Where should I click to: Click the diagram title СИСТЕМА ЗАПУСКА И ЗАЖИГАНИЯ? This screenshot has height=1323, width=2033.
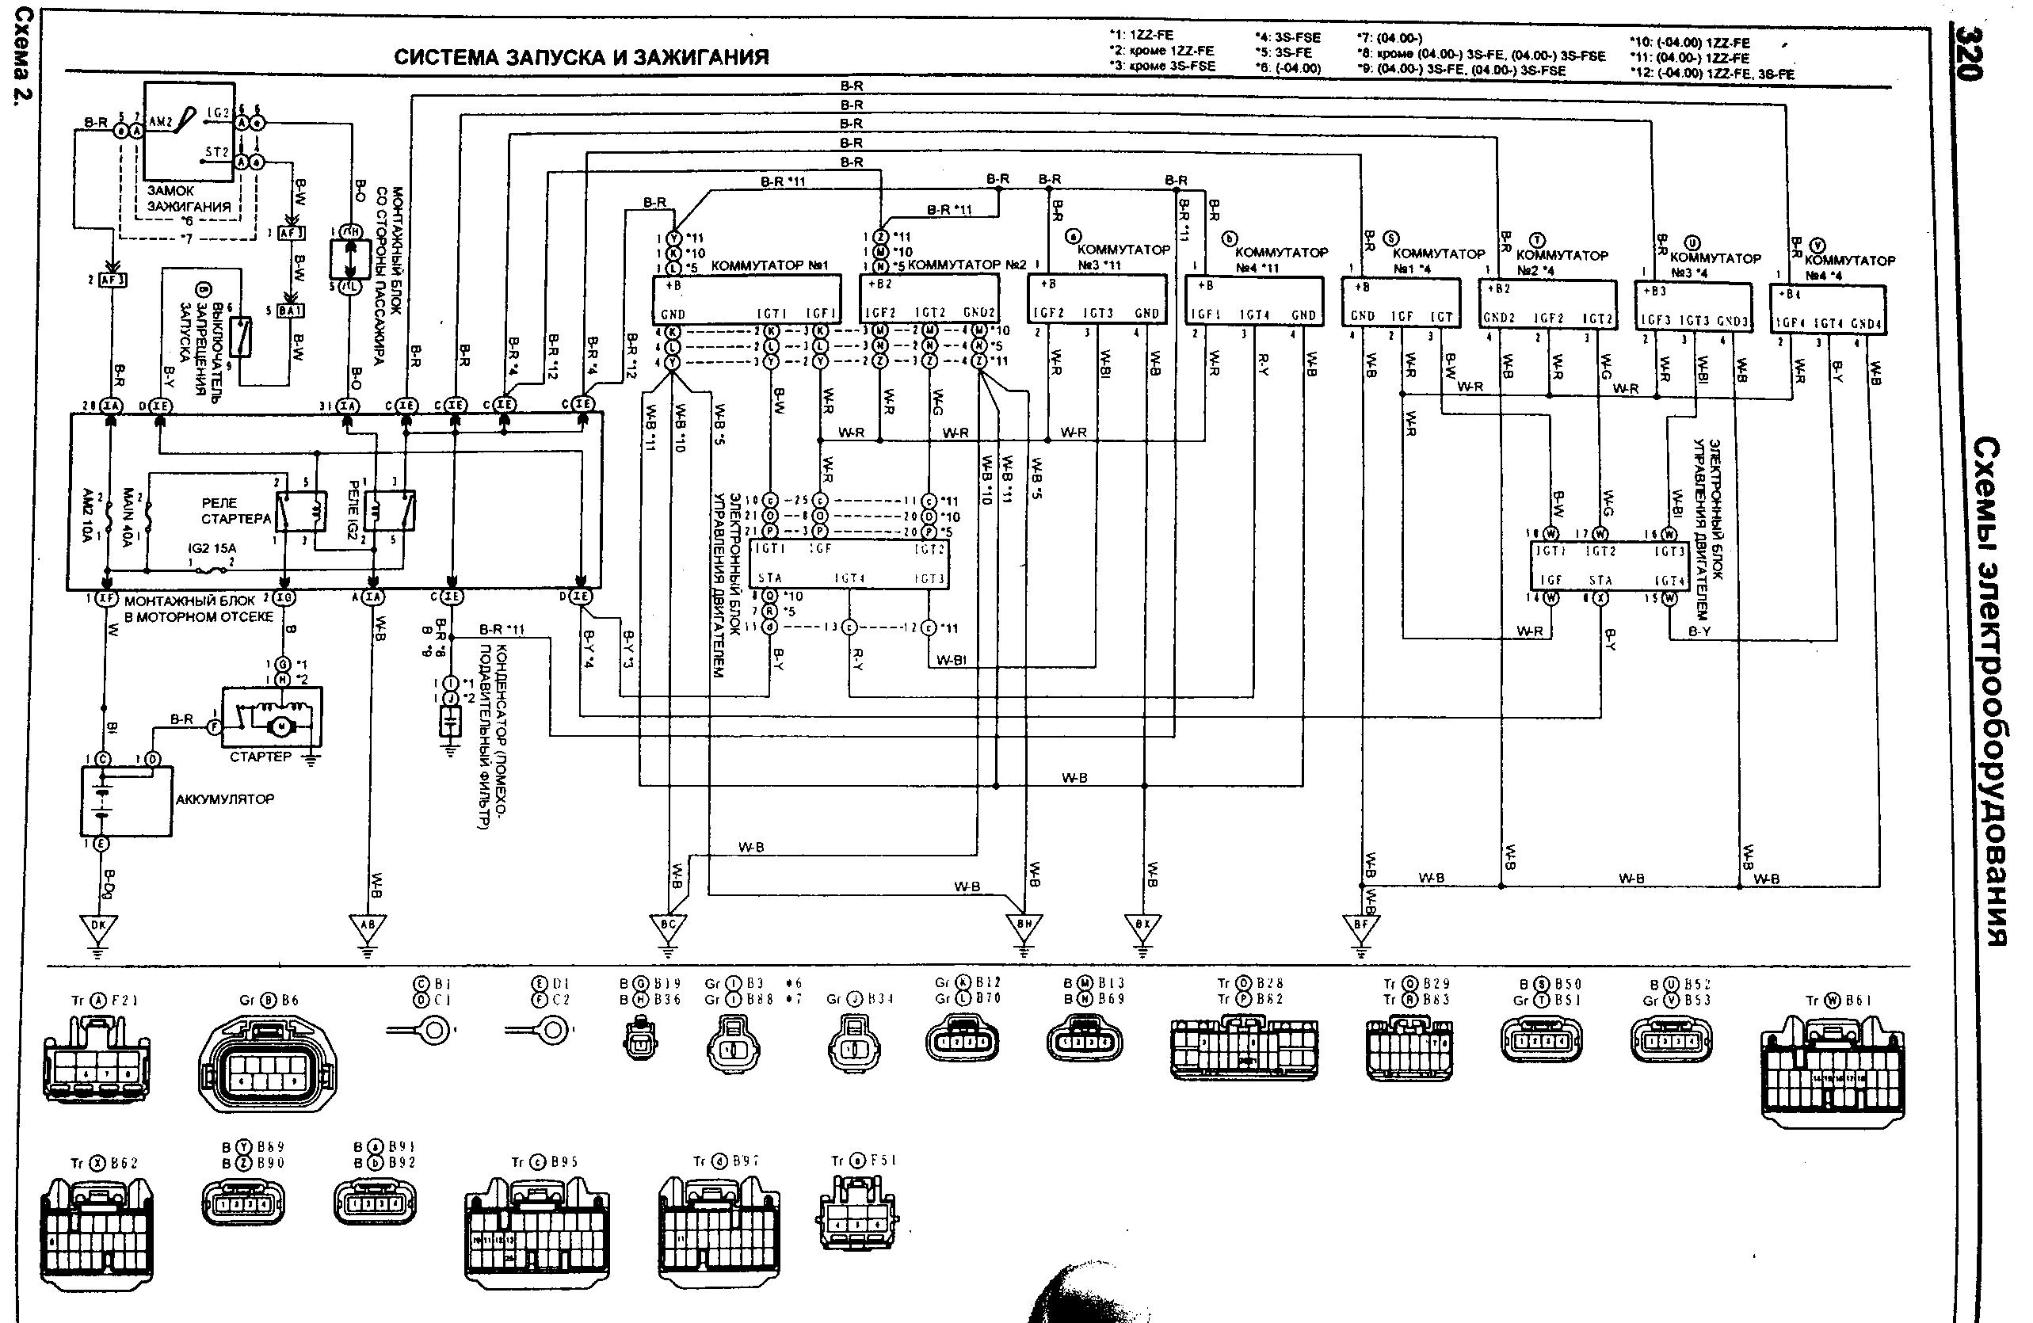581,58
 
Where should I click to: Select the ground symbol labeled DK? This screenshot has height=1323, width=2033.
97,925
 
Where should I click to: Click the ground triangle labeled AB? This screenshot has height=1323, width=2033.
368,925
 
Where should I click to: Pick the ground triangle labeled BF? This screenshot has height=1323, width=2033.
1360,925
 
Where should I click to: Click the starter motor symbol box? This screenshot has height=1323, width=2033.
273,719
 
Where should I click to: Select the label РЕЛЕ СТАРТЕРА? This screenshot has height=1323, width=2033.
235,511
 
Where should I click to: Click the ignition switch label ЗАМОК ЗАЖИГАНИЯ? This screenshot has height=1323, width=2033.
188,199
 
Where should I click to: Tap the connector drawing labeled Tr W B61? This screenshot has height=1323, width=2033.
1833,1069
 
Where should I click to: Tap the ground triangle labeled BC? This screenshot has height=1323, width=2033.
668,925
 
